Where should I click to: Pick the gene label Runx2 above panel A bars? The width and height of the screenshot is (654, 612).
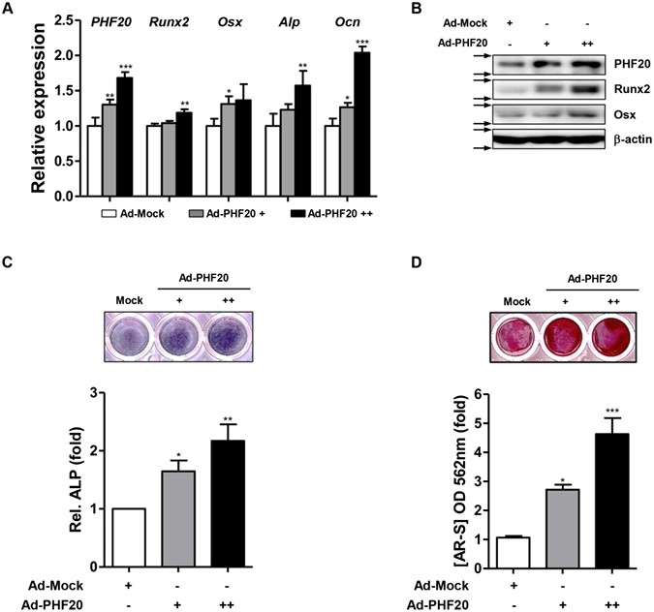pyautogui.click(x=173, y=18)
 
